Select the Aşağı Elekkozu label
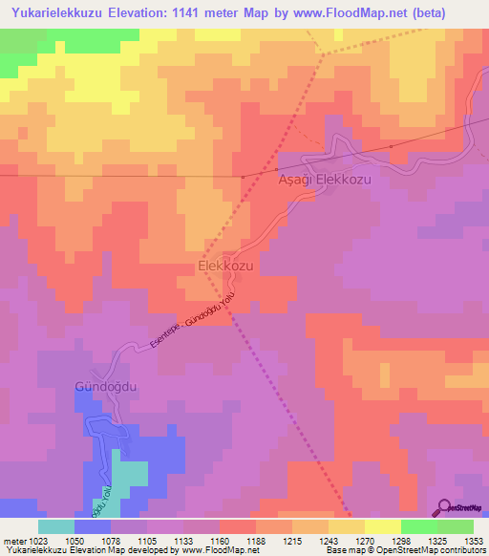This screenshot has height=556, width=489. [322, 179]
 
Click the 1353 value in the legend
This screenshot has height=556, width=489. [474, 540]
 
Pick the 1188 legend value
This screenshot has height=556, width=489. [255, 540]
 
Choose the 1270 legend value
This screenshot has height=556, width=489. [364, 540]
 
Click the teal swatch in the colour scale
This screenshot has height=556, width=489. [56, 526]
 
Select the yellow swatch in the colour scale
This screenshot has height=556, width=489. [382, 526]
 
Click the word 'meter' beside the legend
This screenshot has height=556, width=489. [12, 540]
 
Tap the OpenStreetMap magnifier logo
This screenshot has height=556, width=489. [441, 507]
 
